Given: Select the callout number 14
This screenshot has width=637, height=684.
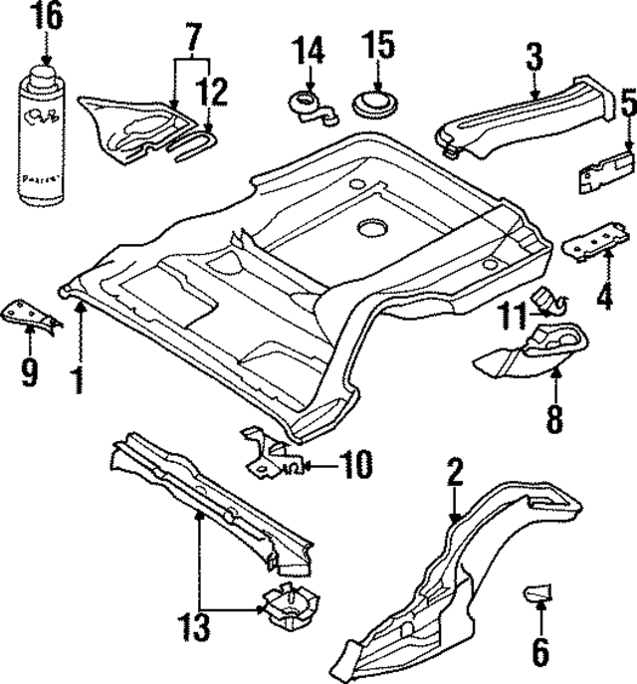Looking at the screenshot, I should [310, 48].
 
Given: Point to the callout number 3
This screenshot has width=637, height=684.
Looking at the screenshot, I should [534, 56].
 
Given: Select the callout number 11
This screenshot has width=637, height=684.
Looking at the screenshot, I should [514, 318].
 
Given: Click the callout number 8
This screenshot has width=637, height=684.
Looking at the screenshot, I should [554, 416].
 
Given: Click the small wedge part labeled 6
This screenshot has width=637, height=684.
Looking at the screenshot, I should [539, 594].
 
